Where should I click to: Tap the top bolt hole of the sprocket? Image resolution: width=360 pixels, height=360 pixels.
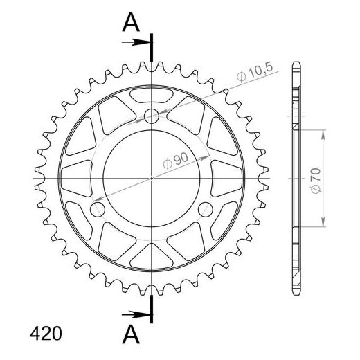(152, 116)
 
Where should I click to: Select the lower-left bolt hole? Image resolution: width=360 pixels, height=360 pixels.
(97, 209)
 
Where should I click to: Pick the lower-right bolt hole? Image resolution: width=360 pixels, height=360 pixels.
(206, 209)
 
